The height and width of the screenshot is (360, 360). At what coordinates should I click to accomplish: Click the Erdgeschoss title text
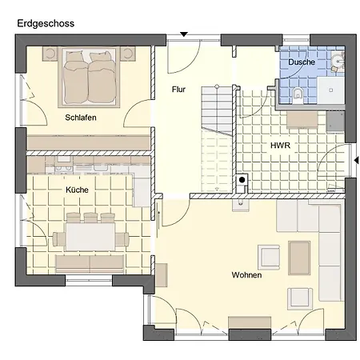46,24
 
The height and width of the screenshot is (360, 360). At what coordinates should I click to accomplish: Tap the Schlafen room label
81,118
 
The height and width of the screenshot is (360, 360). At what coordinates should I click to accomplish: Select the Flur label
178,90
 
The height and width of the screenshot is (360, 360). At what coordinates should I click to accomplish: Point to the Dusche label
302,62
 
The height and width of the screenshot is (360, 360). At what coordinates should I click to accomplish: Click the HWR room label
280,146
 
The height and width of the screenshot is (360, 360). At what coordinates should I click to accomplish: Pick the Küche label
77,190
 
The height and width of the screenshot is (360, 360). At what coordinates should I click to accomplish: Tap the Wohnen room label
246,275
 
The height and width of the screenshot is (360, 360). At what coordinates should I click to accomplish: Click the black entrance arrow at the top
184,34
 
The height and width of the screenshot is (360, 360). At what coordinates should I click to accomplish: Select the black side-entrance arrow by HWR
356,160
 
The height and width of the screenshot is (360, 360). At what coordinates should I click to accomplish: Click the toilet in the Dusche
298,95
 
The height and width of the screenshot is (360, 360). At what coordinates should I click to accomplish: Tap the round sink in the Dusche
338,62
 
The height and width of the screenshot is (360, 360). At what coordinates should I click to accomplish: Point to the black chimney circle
242,180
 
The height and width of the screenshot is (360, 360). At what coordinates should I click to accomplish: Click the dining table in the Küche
90,237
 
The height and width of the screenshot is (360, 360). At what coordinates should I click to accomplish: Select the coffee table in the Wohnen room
299,258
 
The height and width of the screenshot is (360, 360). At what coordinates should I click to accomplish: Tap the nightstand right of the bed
128,53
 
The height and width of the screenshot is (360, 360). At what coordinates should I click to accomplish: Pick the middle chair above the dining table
90,218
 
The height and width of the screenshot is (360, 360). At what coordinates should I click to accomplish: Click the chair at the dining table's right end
122,239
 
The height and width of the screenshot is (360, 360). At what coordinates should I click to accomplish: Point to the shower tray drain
331,90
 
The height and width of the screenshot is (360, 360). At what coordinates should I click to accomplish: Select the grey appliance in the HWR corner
335,122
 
